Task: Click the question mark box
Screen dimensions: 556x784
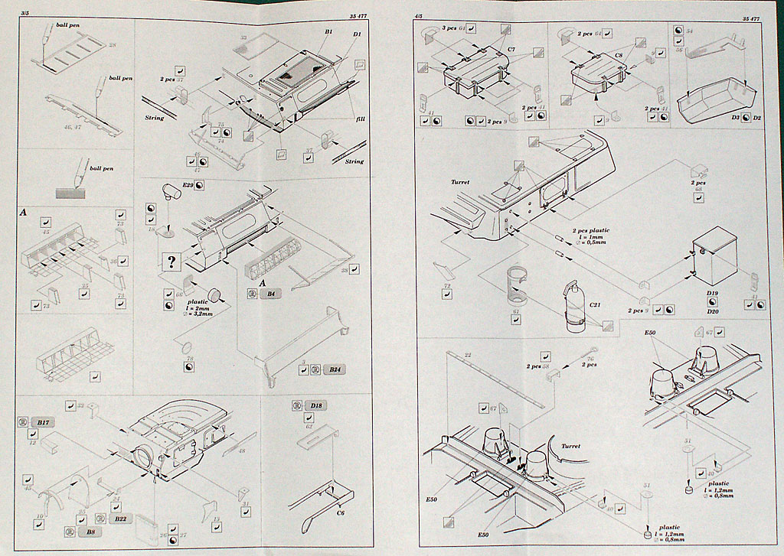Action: pos(171,262)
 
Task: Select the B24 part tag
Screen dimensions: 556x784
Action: pos(332,370)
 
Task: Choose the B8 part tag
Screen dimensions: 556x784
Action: pos(91,531)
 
